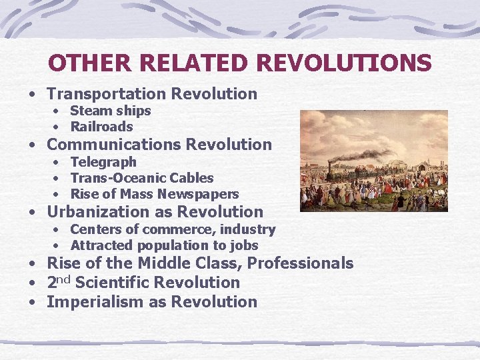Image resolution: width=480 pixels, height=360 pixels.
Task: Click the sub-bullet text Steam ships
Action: pyautogui.click(x=111, y=111)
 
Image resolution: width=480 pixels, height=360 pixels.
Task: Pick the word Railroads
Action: pyautogui.click(x=102, y=127)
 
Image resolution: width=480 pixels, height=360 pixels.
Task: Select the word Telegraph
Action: pyautogui.click(x=103, y=162)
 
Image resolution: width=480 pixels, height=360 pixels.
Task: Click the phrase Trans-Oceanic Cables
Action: pyautogui.click(x=142, y=178)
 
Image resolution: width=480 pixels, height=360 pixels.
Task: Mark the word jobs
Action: pyautogui.click(x=243, y=245)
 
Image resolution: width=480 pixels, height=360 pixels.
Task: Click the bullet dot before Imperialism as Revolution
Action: pyautogui.click(x=32, y=303)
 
